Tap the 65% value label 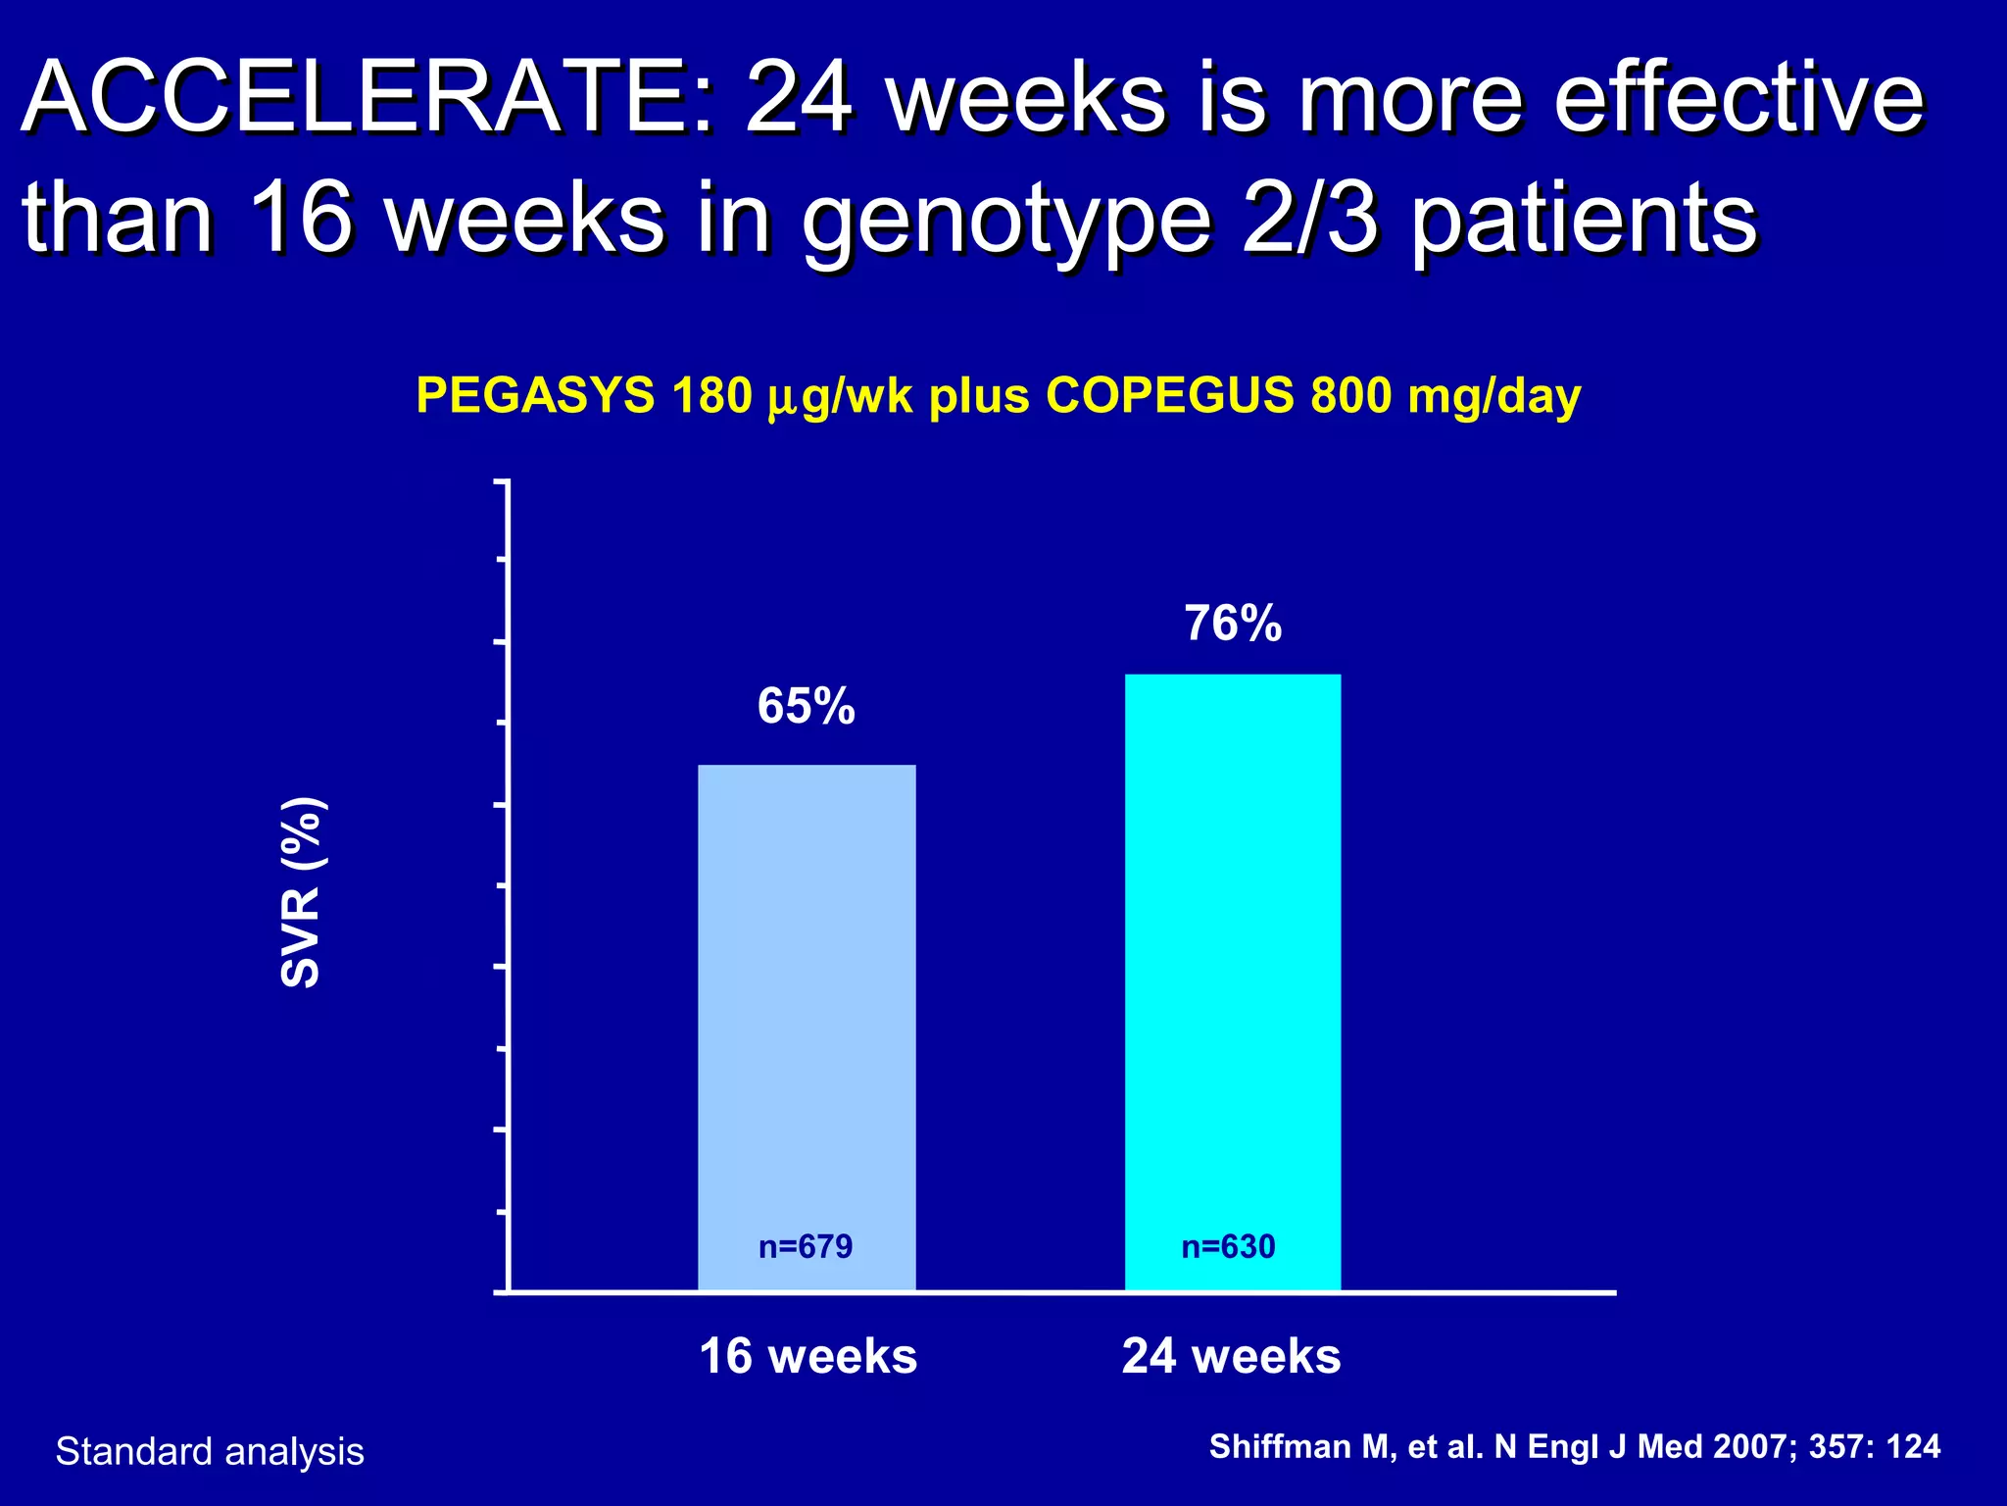coord(806,706)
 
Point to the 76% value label coord(1233,623)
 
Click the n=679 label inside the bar coord(806,1246)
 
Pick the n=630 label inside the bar coord(1228,1246)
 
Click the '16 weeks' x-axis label coord(808,1356)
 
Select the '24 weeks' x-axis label coord(1231,1356)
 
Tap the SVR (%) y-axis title coord(301,892)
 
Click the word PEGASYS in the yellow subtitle coord(535,396)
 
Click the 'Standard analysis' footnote coord(210,1451)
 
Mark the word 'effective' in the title coord(1739,98)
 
